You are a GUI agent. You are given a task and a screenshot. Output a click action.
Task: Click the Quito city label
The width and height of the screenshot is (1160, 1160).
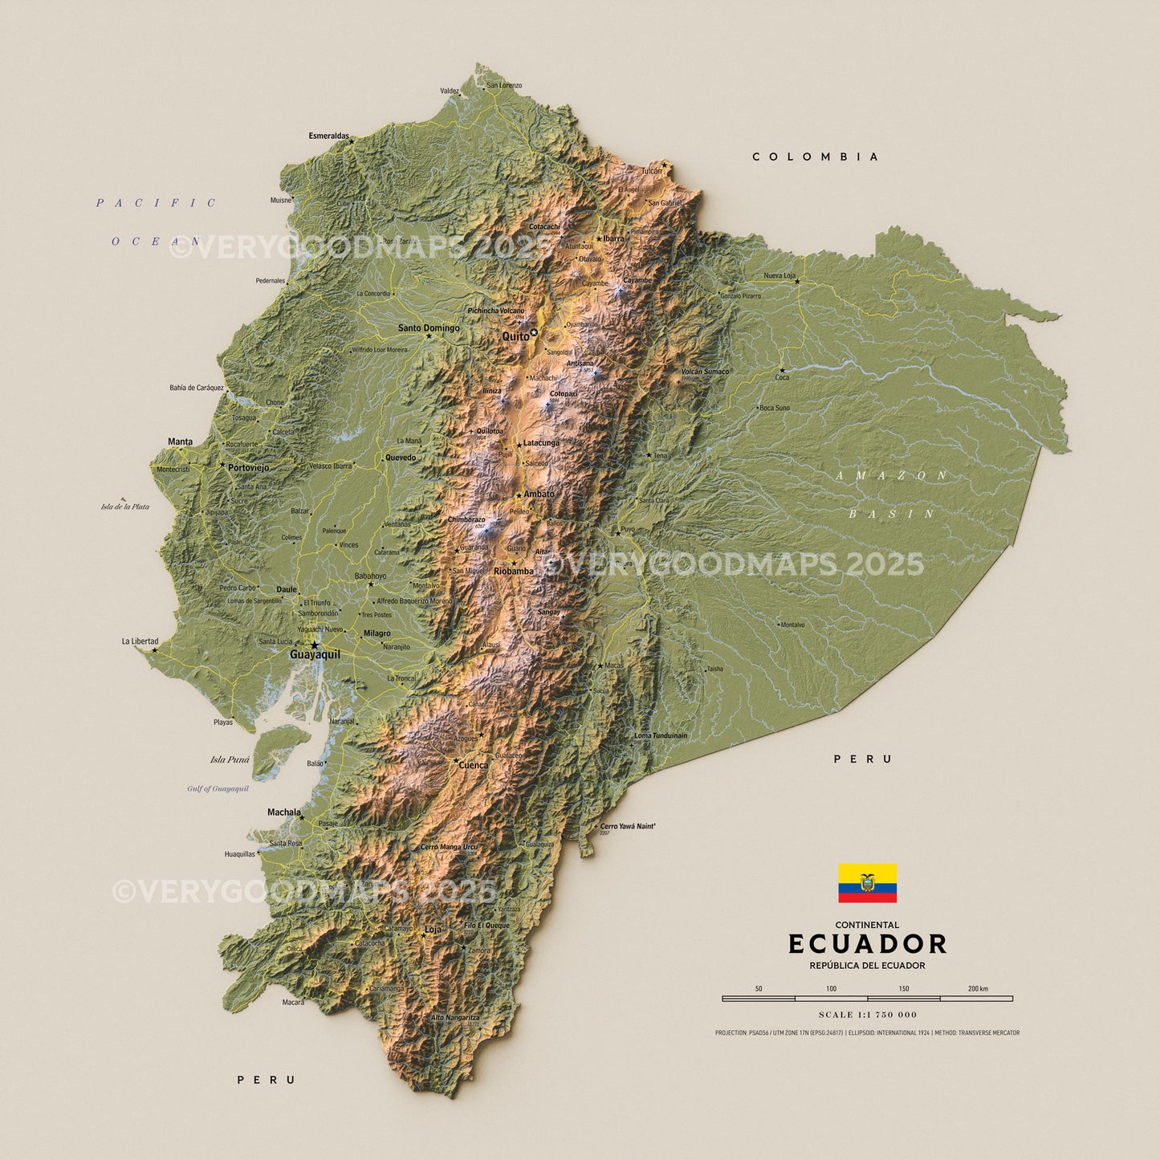(x=515, y=336)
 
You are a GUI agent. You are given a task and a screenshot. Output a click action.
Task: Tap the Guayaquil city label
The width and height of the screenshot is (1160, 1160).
(x=315, y=655)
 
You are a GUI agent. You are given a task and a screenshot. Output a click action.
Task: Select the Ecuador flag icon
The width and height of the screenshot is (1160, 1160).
(x=867, y=883)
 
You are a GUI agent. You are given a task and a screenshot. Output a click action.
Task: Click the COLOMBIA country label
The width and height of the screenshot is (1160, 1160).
(x=816, y=157)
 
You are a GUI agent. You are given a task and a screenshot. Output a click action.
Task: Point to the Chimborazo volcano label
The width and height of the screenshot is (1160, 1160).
(x=466, y=520)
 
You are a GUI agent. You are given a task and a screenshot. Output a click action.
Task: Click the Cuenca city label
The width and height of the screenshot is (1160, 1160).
(x=473, y=766)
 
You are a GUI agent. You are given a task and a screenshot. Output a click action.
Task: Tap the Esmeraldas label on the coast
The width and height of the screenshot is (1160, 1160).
(x=328, y=136)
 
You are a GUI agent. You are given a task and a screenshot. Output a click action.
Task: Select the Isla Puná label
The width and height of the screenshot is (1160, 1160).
(x=230, y=759)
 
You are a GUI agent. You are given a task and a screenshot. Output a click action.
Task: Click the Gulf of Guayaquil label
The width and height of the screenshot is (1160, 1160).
(x=218, y=789)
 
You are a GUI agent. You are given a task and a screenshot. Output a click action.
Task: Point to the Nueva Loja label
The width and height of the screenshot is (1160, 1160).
(x=779, y=276)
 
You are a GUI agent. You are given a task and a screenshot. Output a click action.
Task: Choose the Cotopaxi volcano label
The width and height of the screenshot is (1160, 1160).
(x=563, y=394)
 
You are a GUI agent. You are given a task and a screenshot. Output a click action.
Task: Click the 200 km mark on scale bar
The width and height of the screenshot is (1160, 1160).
(x=978, y=989)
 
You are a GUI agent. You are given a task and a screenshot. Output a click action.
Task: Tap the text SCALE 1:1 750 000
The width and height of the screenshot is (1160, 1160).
(x=867, y=1015)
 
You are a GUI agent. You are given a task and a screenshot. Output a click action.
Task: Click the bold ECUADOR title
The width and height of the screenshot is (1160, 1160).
(x=867, y=944)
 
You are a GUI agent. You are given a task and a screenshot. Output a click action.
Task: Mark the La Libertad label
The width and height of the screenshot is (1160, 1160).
(x=140, y=641)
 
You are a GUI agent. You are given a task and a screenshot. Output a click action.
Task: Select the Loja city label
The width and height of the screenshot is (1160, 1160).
(x=433, y=930)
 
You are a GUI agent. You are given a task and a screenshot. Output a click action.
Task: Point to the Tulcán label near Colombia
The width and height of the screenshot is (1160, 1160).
(x=651, y=171)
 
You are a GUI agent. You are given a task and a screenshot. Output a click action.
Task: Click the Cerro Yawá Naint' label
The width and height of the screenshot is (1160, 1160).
(x=628, y=826)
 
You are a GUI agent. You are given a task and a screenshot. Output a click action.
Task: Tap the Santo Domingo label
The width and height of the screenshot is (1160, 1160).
(x=429, y=328)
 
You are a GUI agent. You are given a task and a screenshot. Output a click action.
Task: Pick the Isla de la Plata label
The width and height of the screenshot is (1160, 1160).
(x=125, y=507)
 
